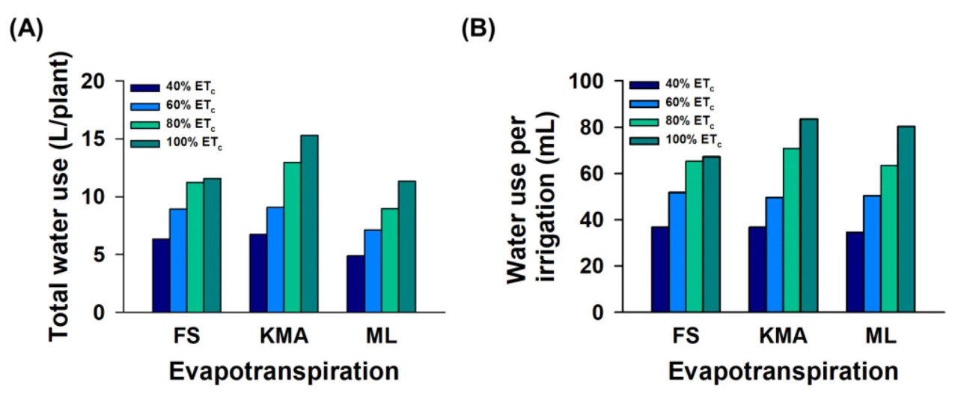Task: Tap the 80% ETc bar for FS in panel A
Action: tap(195, 246)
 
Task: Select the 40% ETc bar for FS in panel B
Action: tap(659, 269)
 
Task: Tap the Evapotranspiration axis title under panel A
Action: tap(283, 372)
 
